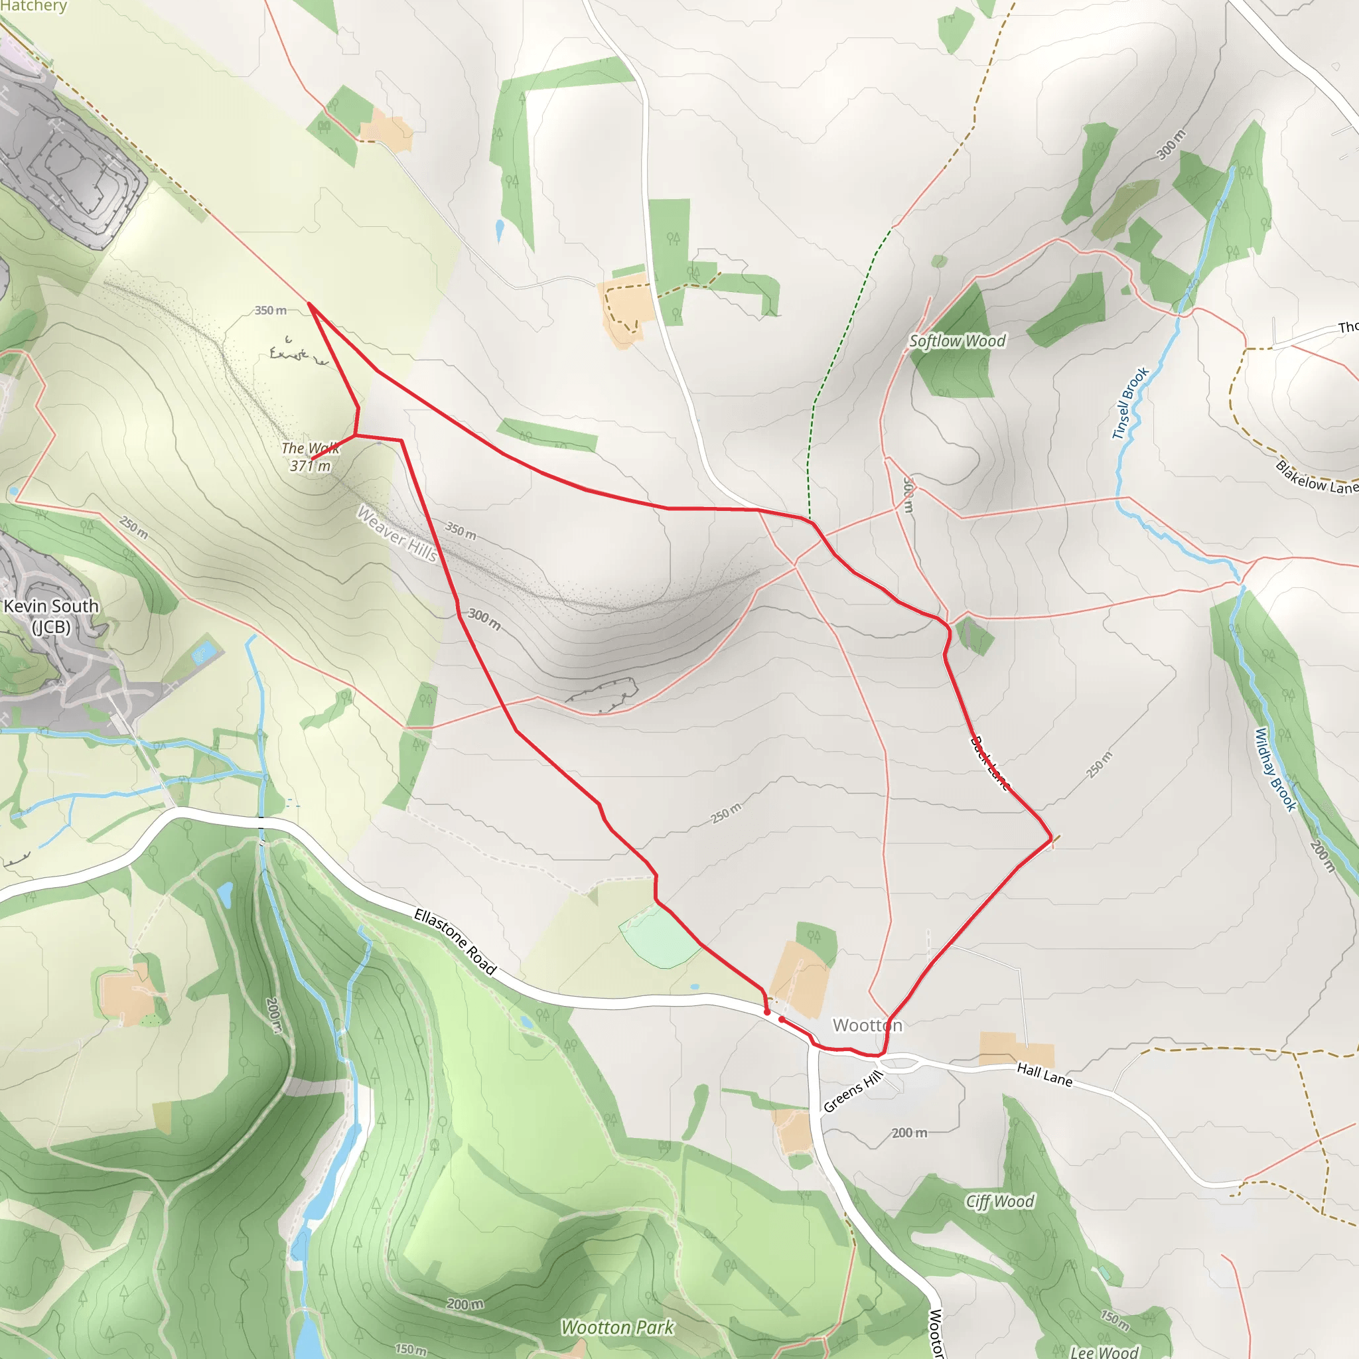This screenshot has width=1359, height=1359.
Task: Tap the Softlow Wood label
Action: [x=957, y=341]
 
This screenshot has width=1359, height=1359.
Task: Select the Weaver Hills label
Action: [x=397, y=535]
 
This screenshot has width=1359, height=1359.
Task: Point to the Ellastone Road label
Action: [x=455, y=941]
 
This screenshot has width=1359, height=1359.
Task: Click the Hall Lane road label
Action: [x=1044, y=1074]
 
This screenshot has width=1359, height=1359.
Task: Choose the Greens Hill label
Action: [x=853, y=1092]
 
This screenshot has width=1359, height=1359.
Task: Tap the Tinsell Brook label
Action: [x=1129, y=403]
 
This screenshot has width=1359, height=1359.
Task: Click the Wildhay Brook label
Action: [x=1275, y=770]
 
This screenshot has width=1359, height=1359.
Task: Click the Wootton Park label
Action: [x=617, y=1327]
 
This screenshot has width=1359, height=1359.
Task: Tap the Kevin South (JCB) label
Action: [x=51, y=616]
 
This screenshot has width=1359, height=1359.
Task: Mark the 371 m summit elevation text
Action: [x=310, y=466]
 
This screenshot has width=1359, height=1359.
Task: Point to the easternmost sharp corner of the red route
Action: [x=1052, y=839]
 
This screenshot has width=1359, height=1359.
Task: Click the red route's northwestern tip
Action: [x=309, y=304]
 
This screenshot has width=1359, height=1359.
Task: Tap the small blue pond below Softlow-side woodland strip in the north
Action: [x=500, y=230]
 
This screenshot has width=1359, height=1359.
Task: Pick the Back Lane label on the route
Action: [x=989, y=763]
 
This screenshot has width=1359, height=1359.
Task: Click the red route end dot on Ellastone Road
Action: [x=766, y=1012]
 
